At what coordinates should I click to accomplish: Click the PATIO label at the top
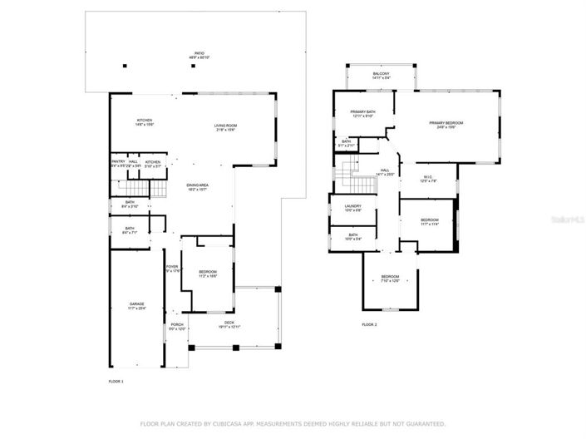click(199, 53)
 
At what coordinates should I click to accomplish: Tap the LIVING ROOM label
click(226, 126)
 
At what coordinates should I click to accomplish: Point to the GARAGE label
click(136, 303)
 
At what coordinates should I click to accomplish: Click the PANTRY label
click(118, 162)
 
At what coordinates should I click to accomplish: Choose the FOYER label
click(171, 267)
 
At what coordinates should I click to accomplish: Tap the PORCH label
click(176, 325)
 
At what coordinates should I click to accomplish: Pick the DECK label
click(229, 323)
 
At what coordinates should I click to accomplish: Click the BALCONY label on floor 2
click(381, 74)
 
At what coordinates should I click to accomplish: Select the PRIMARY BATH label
click(363, 111)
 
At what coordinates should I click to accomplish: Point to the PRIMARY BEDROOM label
click(446, 123)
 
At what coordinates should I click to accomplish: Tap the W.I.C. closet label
click(430, 175)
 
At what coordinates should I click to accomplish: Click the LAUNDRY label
click(353, 206)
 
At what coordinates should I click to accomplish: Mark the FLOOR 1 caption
click(116, 381)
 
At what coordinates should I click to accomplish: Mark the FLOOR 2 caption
click(369, 324)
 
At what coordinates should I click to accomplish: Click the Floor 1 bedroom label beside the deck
click(208, 272)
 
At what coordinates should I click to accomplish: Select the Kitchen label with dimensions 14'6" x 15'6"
click(145, 121)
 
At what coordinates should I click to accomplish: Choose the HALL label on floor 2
click(386, 170)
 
